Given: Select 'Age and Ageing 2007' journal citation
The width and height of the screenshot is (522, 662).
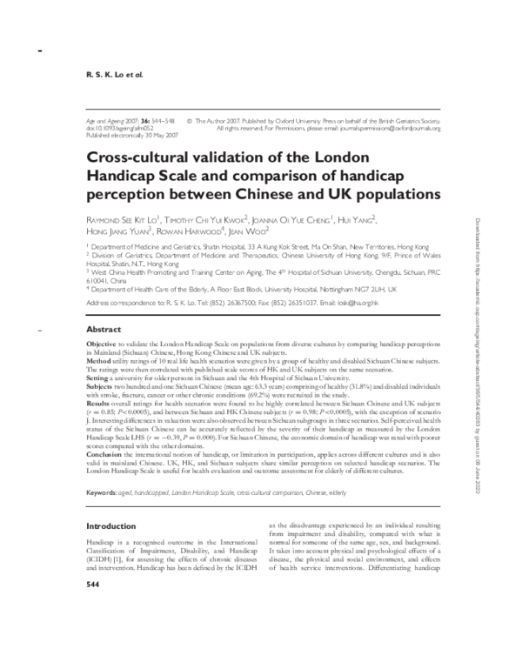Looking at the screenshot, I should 116,120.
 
